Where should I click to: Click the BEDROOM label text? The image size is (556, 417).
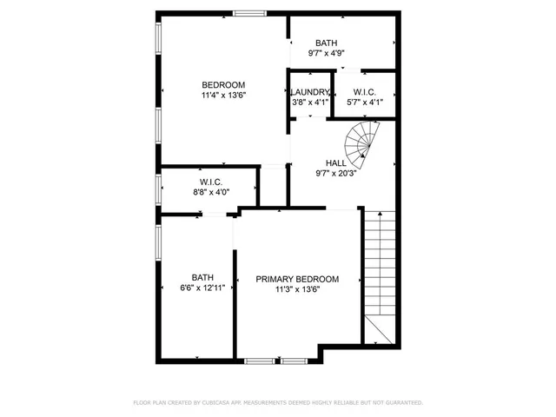(x=223, y=84)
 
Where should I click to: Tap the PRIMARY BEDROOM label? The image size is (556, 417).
(x=297, y=279)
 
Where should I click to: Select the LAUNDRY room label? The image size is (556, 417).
(x=310, y=92)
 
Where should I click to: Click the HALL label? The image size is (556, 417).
(x=335, y=162)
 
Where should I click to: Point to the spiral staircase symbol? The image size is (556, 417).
(x=363, y=139)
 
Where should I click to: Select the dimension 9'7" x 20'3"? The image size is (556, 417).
(x=335, y=173)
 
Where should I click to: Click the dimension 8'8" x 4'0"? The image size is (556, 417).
(x=211, y=192)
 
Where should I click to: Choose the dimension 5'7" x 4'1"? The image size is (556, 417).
(x=364, y=103)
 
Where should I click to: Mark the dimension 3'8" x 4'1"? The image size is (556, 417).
(x=310, y=103)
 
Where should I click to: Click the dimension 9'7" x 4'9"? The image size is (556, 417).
(x=327, y=53)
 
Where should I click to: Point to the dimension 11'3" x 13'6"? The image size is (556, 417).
(x=297, y=289)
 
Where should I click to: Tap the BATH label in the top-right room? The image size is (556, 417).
(x=327, y=43)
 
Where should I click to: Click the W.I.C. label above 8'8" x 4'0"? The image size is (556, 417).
(x=211, y=182)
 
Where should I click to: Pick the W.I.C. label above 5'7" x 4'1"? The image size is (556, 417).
(x=364, y=92)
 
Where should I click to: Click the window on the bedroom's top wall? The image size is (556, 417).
(x=250, y=12)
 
